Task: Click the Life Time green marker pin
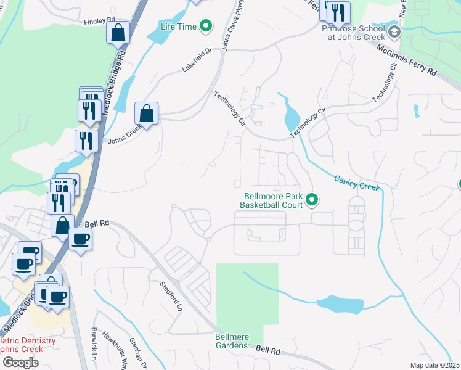(x=207, y=27)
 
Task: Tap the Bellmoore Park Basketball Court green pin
(x=312, y=199)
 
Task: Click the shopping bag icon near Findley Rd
(x=118, y=32)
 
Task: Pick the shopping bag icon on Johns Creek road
(x=146, y=113)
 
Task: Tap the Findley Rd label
(x=100, y=20)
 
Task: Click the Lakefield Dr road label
(x=197, y=59)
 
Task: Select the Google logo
(x=20, y=363)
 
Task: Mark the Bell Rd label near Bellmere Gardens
(x=268, y=350)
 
